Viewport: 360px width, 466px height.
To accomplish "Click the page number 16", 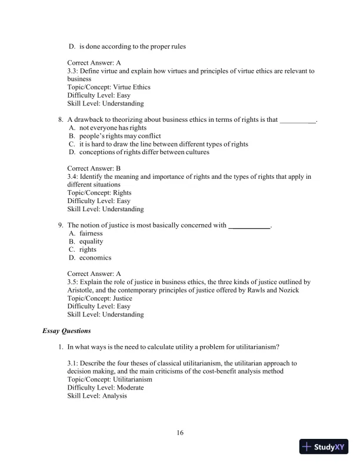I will click(x=180, y=434).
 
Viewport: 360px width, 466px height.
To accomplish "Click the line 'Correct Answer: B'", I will click(x=94, y=168).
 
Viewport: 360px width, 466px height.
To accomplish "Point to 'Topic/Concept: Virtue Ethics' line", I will click(x=109, y=87).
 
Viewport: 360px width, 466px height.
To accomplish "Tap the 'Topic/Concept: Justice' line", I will click(x=100, y=298).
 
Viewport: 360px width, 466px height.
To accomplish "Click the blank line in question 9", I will click(x=249, y=226).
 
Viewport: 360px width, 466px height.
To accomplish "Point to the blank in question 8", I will click(x=298, y=120).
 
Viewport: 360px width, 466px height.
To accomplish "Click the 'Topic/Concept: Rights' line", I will click(x=99, y=192).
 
